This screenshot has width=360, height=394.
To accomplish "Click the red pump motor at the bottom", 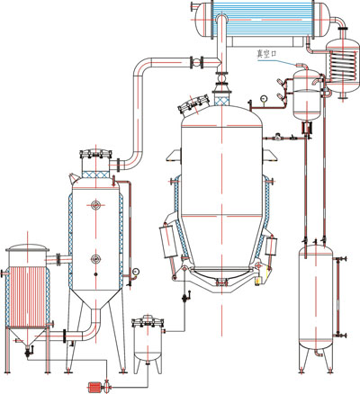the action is click(x=94, y=388).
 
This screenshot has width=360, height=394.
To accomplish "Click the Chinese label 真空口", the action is click(x=265, y=54).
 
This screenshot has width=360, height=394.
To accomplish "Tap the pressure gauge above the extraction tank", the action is click(x=264, y=98).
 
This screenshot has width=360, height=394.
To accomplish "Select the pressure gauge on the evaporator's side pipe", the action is click(x=136, y=272).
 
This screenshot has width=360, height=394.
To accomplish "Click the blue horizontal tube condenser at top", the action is click(x=262, y=19).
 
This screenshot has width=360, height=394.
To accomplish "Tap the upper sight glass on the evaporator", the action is click(x=95, y=205).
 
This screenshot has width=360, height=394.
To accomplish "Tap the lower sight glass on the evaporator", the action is click(x=95, y=258).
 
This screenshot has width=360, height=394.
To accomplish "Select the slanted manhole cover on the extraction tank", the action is click(x=193, y=103).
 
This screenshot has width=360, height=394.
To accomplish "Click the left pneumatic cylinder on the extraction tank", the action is click(x=167, y=242).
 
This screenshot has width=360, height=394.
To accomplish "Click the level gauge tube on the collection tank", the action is click(x=338, y=297).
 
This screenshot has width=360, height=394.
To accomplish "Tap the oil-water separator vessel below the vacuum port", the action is click(x=307, y=94).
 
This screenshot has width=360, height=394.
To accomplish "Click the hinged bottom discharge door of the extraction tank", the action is click(x=221, y=276).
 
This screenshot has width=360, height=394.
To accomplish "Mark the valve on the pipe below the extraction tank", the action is click(x=185, y=297).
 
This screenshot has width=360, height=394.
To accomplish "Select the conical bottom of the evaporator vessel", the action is click(x=95, y=300).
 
